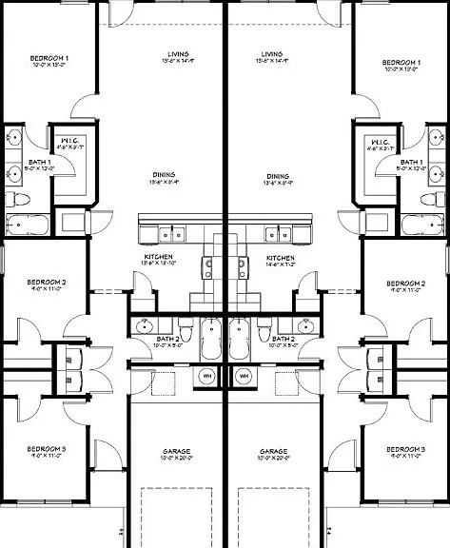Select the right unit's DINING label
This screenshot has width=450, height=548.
coord(278,176)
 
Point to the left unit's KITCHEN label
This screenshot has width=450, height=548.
coord(158,258)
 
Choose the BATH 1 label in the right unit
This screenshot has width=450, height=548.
coord(411,162)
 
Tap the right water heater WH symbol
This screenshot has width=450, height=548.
coord(243,376)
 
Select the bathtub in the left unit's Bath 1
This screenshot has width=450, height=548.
coord(29,225)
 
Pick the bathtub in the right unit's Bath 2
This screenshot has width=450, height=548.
coord(239,340)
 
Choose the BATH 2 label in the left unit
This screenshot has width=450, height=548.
coord(167,339)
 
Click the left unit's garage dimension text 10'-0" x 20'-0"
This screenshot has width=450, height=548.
coord(175,459)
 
